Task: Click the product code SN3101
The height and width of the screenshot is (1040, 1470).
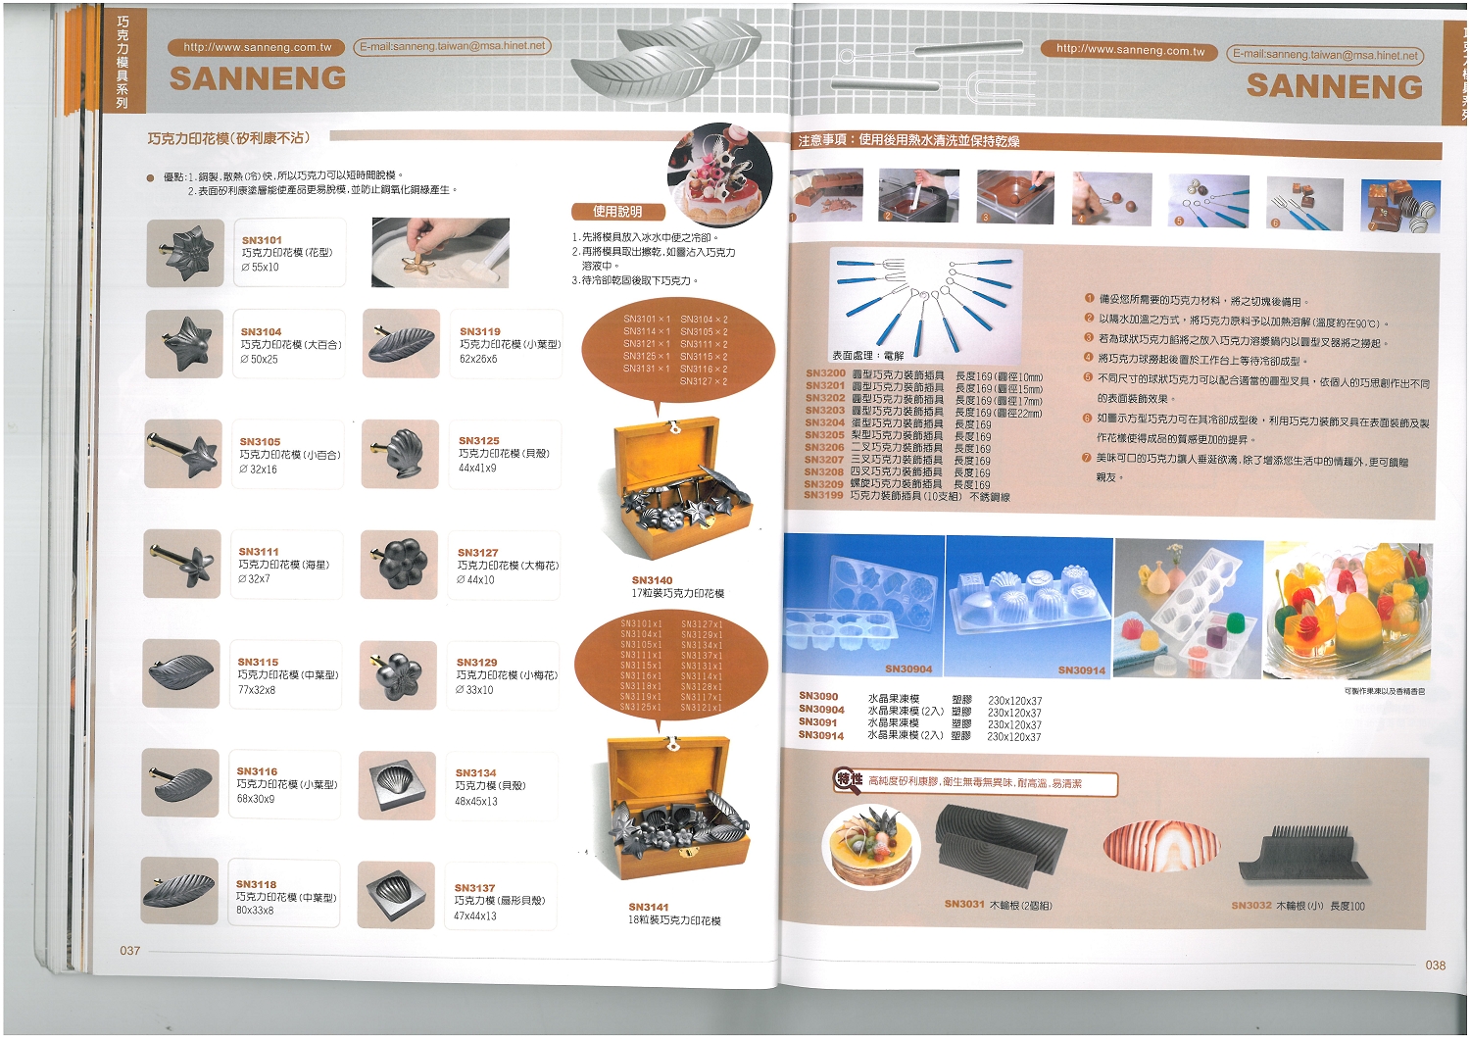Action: coord(262,240)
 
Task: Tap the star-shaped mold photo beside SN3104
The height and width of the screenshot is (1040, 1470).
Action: coord(184,344)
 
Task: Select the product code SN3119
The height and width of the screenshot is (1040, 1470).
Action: coord(480,332)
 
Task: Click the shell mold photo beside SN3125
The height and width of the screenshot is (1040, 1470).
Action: coord(400,454)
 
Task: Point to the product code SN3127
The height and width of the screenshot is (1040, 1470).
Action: coord(477,553)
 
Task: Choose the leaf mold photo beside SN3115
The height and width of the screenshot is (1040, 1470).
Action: coord(181,673)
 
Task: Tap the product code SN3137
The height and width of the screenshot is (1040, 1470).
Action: coord(474,888)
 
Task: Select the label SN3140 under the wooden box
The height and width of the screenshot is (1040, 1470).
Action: coord(652,580)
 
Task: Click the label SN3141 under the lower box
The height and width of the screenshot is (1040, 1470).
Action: coord(649,908)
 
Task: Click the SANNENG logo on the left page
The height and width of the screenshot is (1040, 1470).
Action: coord(258,78)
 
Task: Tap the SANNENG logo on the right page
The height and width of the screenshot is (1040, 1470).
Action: coord(1334,86)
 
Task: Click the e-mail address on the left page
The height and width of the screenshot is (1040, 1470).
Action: coord(452,46)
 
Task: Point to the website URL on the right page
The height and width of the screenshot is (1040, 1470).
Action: coord(1130,51)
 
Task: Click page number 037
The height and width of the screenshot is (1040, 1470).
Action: coord(130,951)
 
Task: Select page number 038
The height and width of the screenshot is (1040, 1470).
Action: coord(1435,966)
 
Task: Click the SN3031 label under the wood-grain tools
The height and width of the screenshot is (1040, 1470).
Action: coord(964,904)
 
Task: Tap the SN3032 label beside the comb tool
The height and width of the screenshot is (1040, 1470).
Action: coord(1251,906)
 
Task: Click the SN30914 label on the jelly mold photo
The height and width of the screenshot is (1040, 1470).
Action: coord(1081,670)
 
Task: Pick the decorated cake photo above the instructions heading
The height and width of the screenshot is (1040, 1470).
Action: coord(720,174)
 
